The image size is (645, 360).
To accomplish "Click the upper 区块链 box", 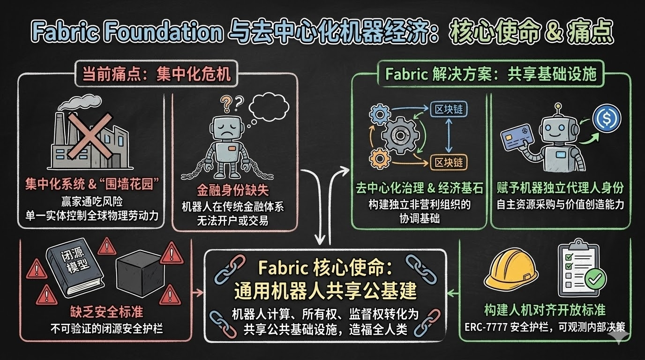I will [449, 109].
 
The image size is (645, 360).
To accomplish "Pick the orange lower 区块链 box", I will [449, 162].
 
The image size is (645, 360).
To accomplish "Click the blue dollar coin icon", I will [607, 118].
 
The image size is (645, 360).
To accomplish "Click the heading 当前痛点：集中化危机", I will [157, 74].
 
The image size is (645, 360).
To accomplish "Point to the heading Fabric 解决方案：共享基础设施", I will [490, 74].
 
